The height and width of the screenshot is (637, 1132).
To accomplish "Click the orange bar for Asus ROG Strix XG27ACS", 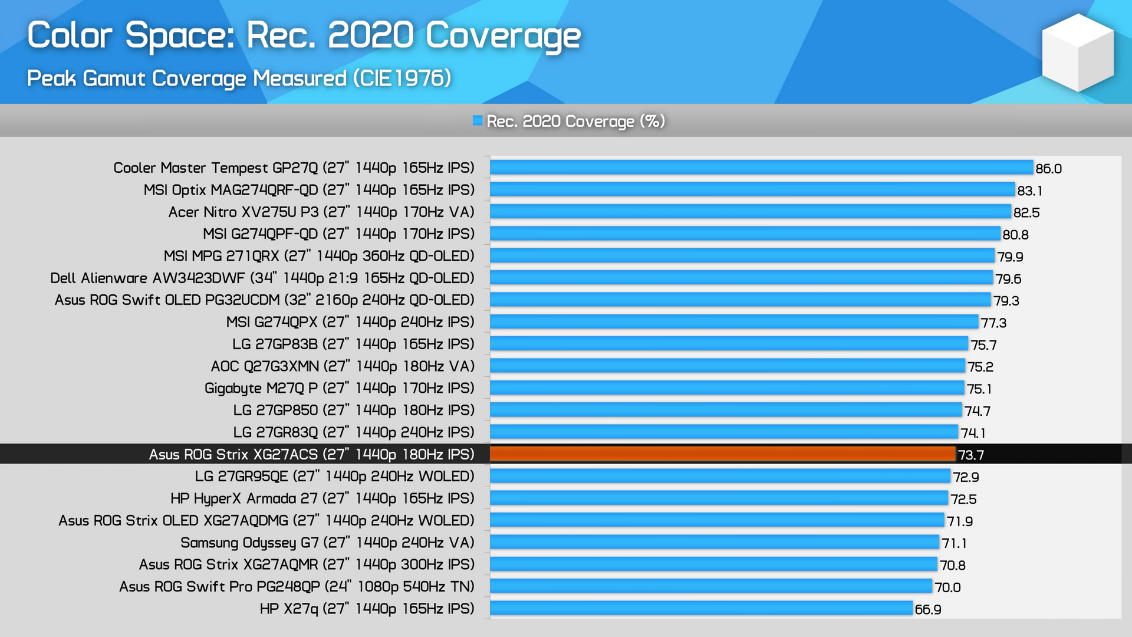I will point(722,454).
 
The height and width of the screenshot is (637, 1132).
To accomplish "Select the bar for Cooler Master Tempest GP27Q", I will point(761,168).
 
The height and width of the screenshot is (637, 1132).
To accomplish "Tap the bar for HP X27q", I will point(701,608).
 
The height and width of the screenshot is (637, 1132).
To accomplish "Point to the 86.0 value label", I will point(1048,169).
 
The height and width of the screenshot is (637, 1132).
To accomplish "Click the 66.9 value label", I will point(927,609).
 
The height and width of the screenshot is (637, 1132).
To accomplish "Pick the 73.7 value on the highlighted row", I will point(970,455).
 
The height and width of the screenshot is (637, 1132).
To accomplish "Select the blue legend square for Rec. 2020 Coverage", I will point(478,121).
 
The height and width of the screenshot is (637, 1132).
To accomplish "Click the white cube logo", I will point(1077,53).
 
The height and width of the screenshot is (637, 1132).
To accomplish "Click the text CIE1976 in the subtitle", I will point(402,78).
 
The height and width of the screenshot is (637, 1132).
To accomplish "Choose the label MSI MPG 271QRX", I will point(319,256).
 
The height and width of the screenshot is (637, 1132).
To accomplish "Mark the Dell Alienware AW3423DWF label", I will point(262,278).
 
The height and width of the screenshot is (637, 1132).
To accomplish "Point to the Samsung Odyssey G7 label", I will point(327,543).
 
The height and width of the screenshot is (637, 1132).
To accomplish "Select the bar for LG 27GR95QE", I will point(720,476).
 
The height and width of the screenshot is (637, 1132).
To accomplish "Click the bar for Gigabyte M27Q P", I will point(727,388).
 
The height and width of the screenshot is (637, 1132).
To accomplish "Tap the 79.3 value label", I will point(1006,301).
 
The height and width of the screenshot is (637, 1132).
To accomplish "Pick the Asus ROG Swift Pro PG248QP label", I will point(297,586).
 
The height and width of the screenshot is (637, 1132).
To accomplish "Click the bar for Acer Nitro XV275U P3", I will point(750,212).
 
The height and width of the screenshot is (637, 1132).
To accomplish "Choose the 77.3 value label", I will point(993,323).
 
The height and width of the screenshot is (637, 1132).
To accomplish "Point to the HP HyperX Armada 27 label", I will point(323,498).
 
